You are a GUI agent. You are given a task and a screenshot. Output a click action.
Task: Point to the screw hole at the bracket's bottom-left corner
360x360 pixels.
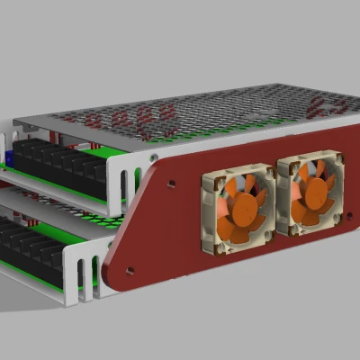click(x=130, y=269)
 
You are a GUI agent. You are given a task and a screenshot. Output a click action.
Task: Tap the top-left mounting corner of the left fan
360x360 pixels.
click(x=210, y=175)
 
